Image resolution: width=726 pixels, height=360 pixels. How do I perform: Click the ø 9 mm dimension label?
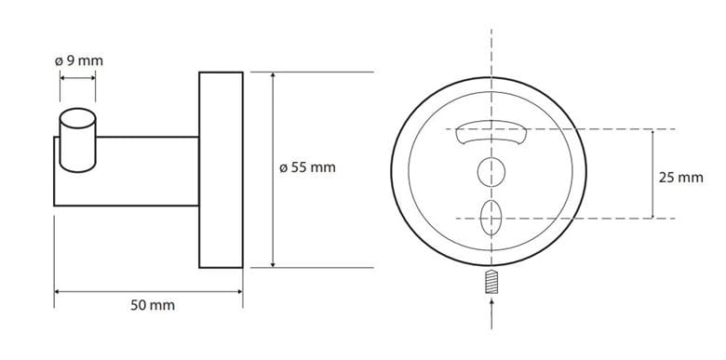click(79, 61)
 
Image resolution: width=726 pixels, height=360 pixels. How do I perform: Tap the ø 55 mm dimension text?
click(307, 167)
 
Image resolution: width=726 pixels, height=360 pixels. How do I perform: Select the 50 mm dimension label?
click(153, 305)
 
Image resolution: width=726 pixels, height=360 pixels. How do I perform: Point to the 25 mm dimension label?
click(680, 178)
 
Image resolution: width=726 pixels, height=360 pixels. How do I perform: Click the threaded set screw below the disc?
click(491, 281)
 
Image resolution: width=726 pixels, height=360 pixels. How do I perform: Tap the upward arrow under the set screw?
click(491, 314)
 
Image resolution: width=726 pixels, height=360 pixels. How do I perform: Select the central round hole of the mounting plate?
click(491, 172)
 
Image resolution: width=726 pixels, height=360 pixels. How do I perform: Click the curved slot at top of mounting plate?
click(491, 132)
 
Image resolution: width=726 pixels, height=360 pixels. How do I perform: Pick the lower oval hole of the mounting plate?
click(491, 218)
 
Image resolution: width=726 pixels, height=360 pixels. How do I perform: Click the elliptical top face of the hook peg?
click(78, 118)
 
